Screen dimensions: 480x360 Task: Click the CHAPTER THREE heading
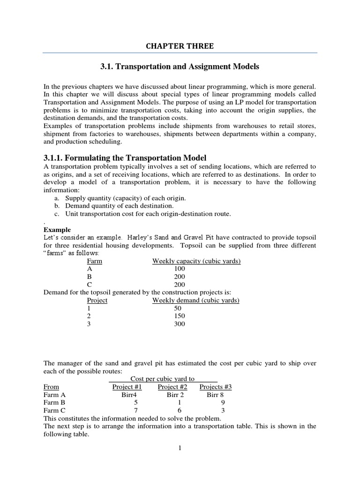tap(180, 46)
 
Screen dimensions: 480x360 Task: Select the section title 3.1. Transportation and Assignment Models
tap(180, 67)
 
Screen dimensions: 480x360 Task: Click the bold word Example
tap(57, 230)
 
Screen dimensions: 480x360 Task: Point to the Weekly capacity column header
tap(196, 261)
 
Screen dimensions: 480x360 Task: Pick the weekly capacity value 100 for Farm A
tap(180, 269)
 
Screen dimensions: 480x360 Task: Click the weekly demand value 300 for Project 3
tap(180, 324)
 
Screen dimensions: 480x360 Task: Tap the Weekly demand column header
tap(196, 300)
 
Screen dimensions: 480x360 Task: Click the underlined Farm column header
tap(95, 261)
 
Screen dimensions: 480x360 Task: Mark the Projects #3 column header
tap(215, 387)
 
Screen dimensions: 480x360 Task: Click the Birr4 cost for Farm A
tap(128, 395)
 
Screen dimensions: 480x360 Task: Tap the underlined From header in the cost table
tap(51, 387)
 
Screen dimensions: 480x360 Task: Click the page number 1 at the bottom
tap(180, 448)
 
